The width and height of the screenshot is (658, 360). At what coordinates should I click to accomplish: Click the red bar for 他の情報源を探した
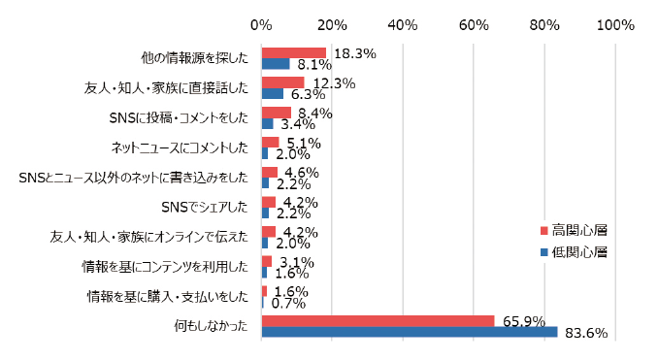coord(293,52)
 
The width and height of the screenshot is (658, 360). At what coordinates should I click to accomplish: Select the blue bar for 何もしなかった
coord(409,333)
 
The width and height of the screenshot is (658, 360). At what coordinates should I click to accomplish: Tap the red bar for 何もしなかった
coord(378,321)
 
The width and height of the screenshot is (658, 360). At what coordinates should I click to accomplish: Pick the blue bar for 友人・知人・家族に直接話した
coord(272,94)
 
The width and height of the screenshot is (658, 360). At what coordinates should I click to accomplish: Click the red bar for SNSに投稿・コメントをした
coord(276,112)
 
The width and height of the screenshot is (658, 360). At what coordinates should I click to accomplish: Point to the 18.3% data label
coord(354,54)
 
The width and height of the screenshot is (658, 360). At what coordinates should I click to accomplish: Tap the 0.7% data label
coord(287,304)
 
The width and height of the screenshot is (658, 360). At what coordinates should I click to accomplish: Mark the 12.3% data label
coord(333,83)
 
